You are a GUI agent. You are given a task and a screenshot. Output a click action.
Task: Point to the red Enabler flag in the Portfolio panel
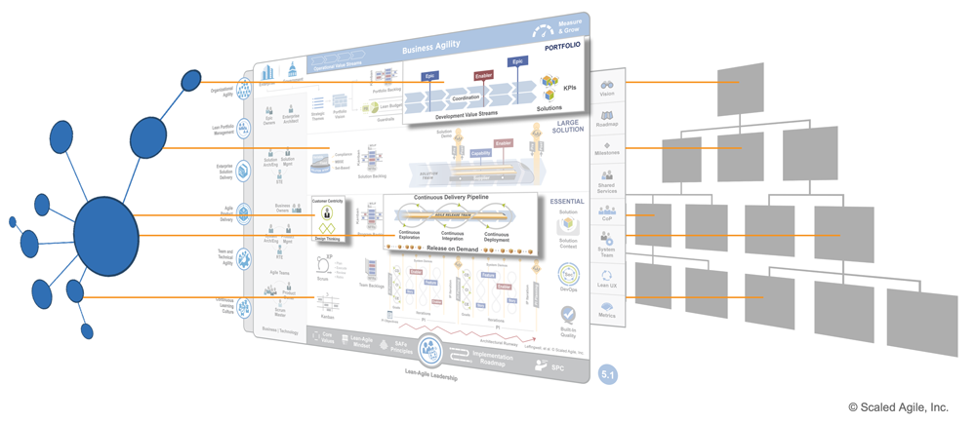coord(484,75)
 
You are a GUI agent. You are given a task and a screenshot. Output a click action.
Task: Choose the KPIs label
coord(570,88)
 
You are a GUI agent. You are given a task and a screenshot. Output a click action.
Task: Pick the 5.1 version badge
coord(607,374)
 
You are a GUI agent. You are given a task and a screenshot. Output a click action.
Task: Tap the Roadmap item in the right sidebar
coord(607,119)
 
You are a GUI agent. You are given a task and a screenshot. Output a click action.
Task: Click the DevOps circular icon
coord(568,276)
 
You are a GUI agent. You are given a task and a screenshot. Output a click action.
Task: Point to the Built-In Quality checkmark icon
coord(568,314)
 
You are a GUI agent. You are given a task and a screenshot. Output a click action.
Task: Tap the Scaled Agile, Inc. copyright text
coord(897,407)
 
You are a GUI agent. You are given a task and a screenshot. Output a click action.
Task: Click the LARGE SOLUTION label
coord(567,126)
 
